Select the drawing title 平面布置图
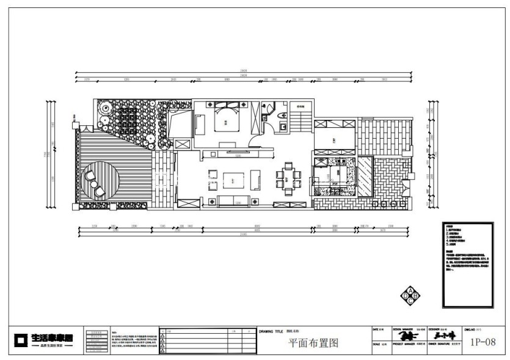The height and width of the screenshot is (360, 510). [313, 343]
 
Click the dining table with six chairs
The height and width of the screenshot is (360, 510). [288, 175]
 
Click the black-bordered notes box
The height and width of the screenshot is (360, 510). [467, 266]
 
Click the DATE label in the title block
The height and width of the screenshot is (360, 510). [375, 329]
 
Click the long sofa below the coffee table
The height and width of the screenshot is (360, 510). [230, 201]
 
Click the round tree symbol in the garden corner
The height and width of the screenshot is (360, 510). [105, 108]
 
